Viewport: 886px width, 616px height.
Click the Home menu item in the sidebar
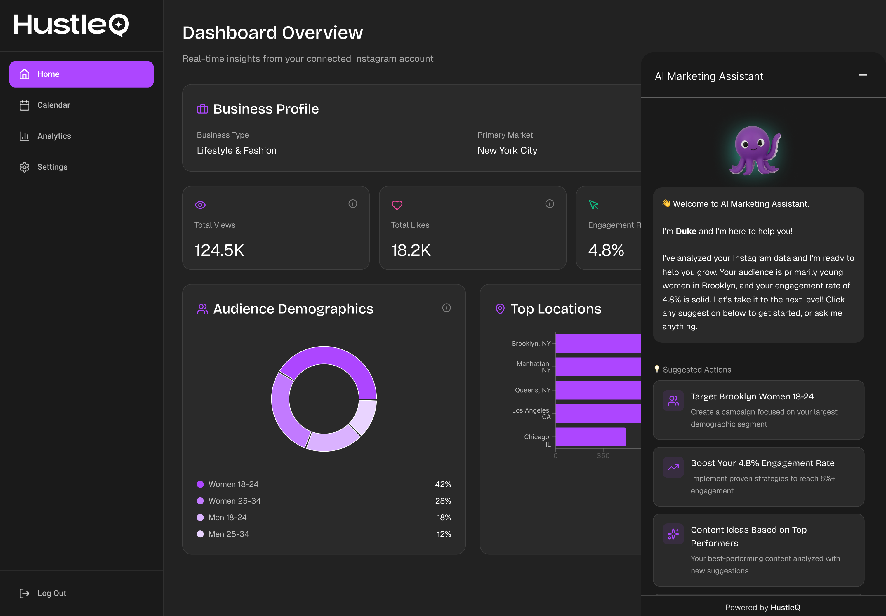tap(81, 74)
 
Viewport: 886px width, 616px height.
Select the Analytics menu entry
tap(54, 136)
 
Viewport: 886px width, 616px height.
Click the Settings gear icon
tap(24, 167)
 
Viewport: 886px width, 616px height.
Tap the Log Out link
tap(51, 593)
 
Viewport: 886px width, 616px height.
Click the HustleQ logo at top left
tap(71, 25)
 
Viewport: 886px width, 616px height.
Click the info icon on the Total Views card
tap(352, 204)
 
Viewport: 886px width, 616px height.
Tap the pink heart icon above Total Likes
tap(397, 205)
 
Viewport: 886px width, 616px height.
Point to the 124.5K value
tap(219, 250)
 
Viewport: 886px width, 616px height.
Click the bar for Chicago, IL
tap(590, 437)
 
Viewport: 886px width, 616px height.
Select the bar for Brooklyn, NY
tap(597, 343)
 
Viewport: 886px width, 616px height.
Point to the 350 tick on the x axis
tap(603, 455)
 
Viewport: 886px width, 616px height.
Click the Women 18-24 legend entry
tap(233, 484)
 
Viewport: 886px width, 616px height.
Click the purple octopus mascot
tap(754, 150)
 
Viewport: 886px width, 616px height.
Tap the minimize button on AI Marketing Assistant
tap(862, 75)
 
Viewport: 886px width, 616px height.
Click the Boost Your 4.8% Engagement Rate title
tap(762, 463)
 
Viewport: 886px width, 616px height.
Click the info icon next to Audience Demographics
tap(446, 308)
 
